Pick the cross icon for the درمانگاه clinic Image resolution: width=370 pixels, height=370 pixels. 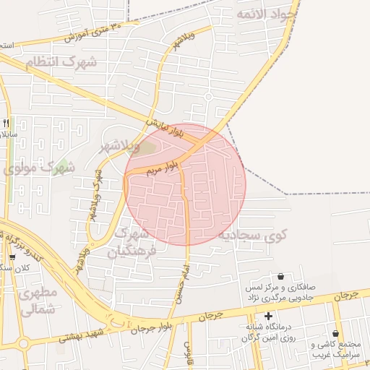(269, 316)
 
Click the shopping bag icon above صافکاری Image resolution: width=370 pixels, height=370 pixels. (280, 276)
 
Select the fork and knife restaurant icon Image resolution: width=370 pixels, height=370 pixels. (7, 122)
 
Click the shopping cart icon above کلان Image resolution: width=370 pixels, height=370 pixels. (12, 257)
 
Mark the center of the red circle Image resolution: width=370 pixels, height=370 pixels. (185, 184)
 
